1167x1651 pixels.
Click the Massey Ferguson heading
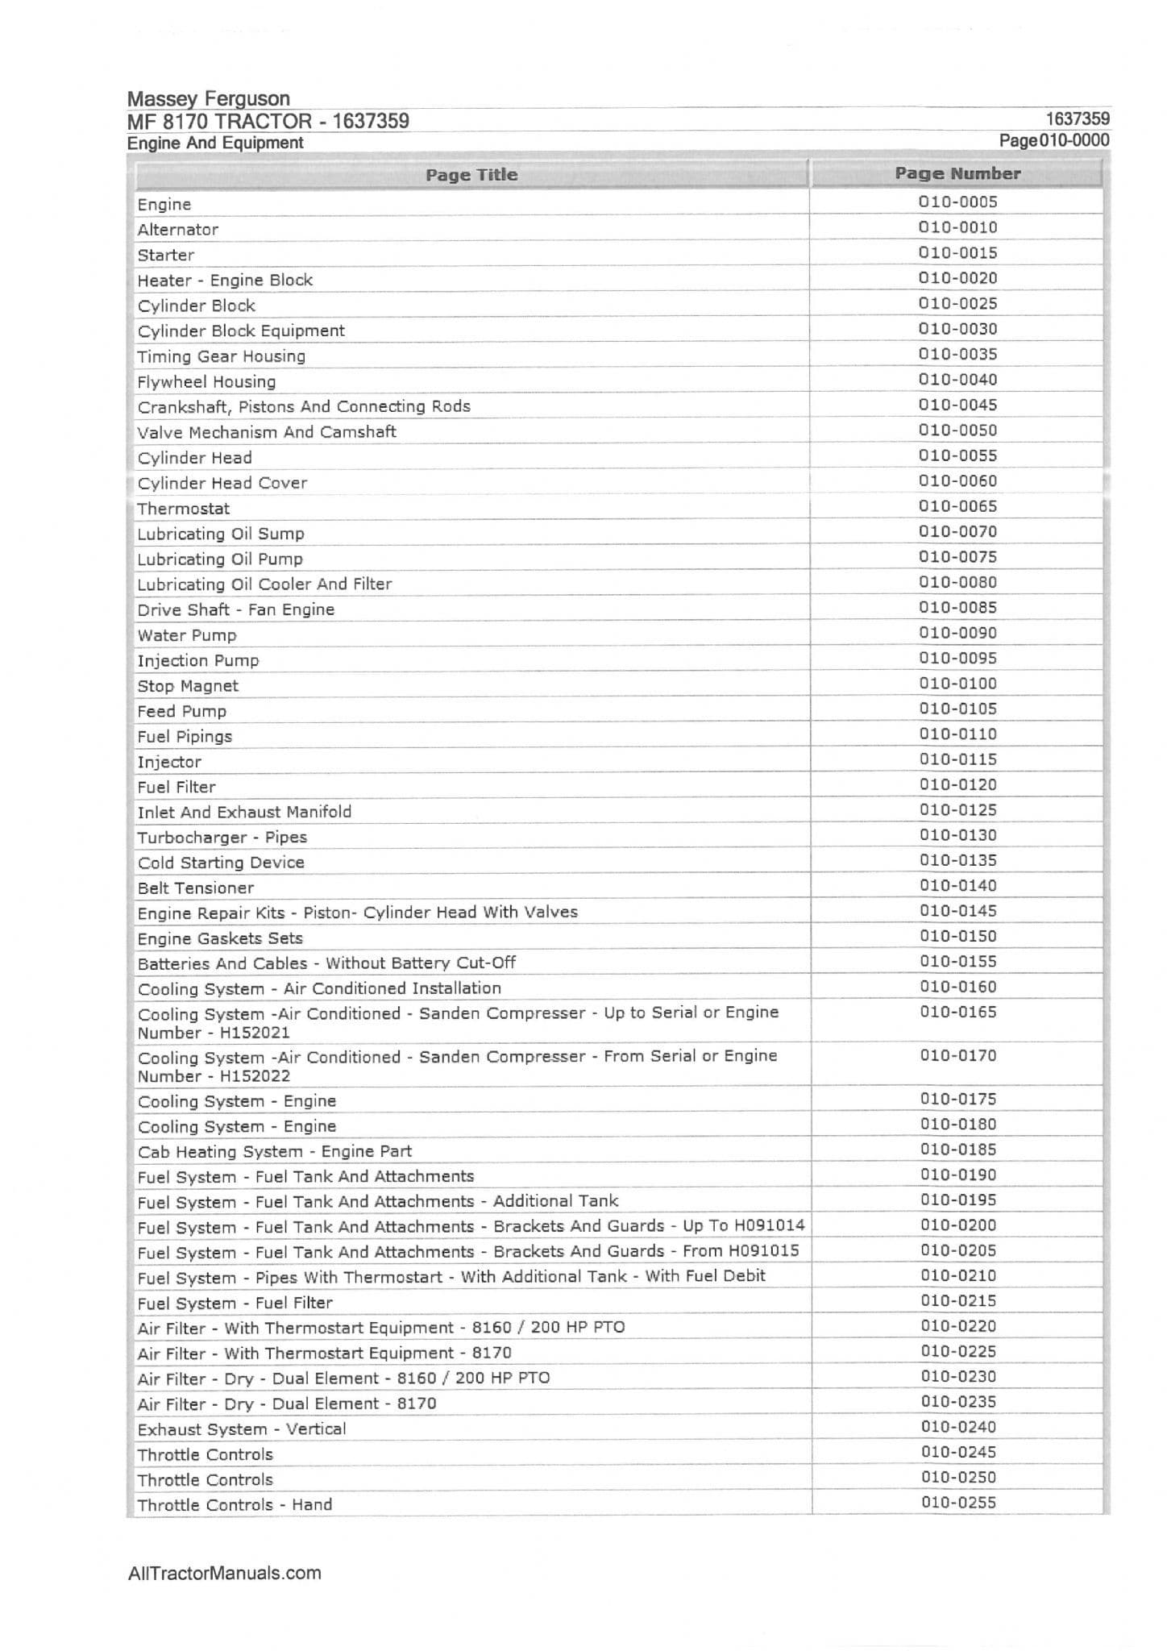[208, 99]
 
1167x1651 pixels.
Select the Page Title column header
[471, 175]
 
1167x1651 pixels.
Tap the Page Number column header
[957, 173]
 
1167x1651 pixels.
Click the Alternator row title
[177, 230]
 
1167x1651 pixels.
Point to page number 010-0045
[957, 405]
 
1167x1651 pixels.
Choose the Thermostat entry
[183, 509]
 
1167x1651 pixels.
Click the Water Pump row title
[186, 635]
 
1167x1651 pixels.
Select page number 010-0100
[957, 684]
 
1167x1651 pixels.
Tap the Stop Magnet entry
[187, 686]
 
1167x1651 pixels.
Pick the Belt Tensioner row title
[195, 888]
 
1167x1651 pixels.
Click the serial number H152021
[255, 1033]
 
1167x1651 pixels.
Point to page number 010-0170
[957, 1055]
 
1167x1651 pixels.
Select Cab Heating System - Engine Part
[274, 1151]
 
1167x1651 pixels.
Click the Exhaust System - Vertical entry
[241, 1429]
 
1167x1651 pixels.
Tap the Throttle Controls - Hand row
[234, 1505]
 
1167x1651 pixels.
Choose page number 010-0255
[958, 1503]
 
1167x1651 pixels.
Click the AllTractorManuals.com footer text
[224, 1573]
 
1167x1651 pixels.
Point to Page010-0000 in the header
[1053, 140]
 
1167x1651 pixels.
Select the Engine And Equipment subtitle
[215, 143]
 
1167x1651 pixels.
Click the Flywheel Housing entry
[206, 382]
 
